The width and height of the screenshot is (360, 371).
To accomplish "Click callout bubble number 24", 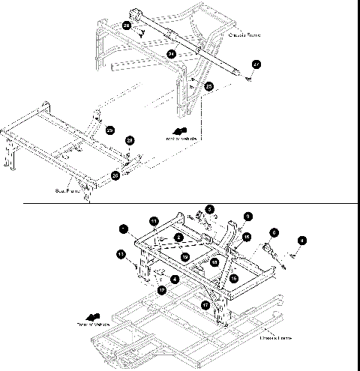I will tap(172, 54).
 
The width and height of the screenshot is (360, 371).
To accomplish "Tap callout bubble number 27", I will tap(256, 65).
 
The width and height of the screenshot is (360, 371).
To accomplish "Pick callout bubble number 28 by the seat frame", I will tap(130, 140).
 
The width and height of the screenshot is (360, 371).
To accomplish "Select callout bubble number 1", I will tap(122, 226).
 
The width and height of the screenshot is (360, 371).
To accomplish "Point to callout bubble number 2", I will tap(178, 237).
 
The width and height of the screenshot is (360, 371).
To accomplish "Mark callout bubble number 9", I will tap(248, 216).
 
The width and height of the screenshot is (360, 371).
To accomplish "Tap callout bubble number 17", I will tap(205, 305).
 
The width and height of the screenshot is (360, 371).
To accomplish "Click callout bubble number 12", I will tap(161, 290).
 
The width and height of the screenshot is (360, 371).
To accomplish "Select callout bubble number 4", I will tap(302, 240).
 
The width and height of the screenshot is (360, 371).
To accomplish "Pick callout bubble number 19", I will tap(184, 256).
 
